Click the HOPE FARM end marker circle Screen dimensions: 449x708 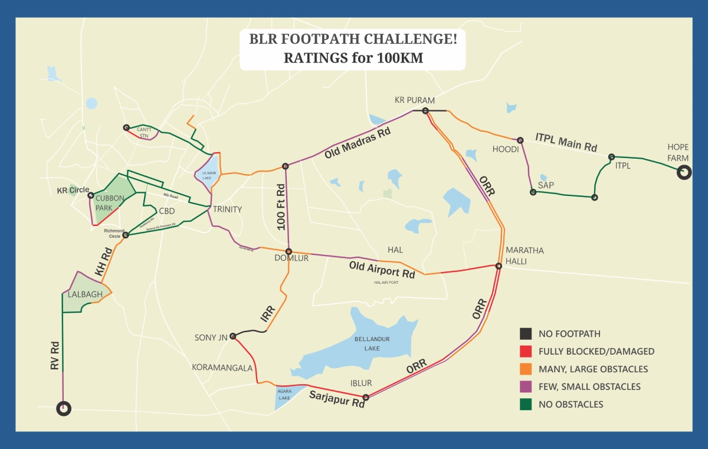(684, 172)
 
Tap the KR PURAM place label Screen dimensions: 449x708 (415, 100)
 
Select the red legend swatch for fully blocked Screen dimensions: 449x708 (526, 352)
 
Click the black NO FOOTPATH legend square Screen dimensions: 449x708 (526, 334)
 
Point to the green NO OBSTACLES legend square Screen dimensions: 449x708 (526, 405)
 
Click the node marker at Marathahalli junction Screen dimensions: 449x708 (499, 266)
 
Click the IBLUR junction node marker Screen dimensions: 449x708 (366, 397)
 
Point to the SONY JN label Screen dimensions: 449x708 (211, 338)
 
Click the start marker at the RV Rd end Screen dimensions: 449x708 (63, 408)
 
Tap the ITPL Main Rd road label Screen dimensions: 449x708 (566, 142)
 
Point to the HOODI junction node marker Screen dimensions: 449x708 (520, 140)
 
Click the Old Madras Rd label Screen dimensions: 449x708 (358, 143)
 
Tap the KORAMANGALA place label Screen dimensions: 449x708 (222, 368)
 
